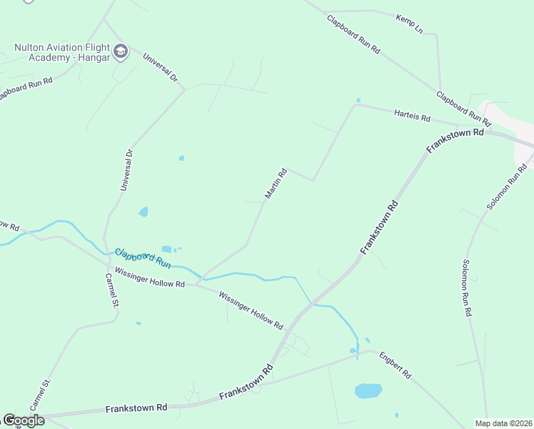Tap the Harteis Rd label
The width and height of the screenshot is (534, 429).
pos(412,114)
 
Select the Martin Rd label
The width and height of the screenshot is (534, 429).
pos(276,183)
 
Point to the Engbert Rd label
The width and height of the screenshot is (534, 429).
pos(396,364)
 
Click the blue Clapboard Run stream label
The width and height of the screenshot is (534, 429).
pos(143,258)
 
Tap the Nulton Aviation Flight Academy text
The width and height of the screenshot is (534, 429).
pos(62,52)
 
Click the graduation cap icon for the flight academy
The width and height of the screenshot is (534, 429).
pos(120,51)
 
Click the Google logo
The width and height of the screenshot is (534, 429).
pos(23,420)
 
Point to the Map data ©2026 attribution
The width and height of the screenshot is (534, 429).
pos(503,423)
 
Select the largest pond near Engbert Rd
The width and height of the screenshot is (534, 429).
pos(368,391)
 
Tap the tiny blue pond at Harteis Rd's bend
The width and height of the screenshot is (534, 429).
pos(358,100)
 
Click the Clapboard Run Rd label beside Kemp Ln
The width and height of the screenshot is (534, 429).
pos(354,36)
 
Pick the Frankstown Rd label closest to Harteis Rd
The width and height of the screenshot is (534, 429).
pos(455,139)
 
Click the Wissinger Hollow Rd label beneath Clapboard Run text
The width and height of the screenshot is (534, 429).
pos(150,279)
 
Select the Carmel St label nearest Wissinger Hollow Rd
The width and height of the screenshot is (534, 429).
pos(110,290)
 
